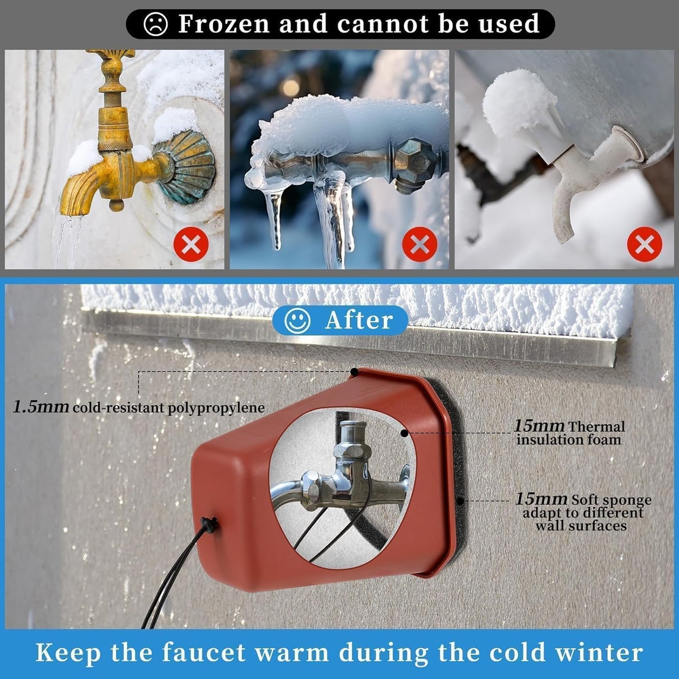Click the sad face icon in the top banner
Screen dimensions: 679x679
click(156, 24)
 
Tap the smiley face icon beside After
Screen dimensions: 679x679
click(297, 320)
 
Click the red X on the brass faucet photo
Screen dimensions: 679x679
click(191, 244)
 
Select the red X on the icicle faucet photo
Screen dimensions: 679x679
click(420, 244)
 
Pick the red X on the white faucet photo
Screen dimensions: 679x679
click(645, 244)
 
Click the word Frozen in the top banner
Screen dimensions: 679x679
click(225, 23)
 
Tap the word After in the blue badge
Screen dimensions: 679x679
click(359, 320)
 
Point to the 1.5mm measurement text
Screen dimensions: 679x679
click(41, 406)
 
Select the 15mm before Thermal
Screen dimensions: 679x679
click(539, 426)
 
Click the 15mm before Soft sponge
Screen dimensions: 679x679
click(541, 499)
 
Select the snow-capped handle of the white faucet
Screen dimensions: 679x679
click(515, 105)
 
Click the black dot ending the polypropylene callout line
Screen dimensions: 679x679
click(354, 372)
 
